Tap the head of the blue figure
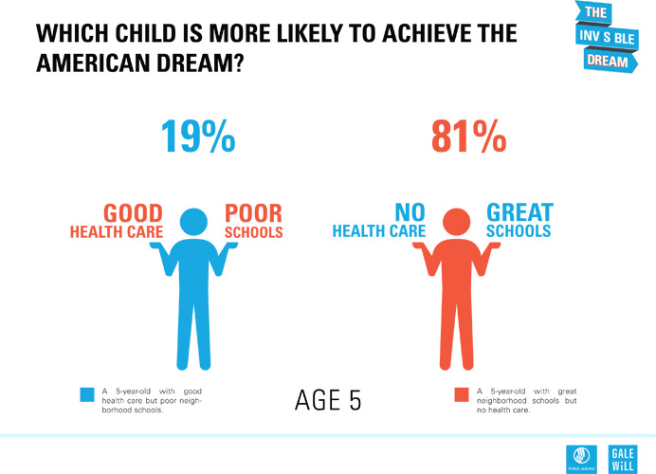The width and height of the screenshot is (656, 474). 193,224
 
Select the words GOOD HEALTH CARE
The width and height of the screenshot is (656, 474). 118,221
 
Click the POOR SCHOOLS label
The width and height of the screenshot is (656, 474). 253,221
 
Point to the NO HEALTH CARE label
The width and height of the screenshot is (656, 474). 376,221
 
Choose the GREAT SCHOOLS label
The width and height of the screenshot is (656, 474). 518,221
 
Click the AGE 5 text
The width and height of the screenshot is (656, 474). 328,400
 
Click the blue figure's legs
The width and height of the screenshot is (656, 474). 193,332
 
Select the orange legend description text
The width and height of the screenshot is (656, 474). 526,400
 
